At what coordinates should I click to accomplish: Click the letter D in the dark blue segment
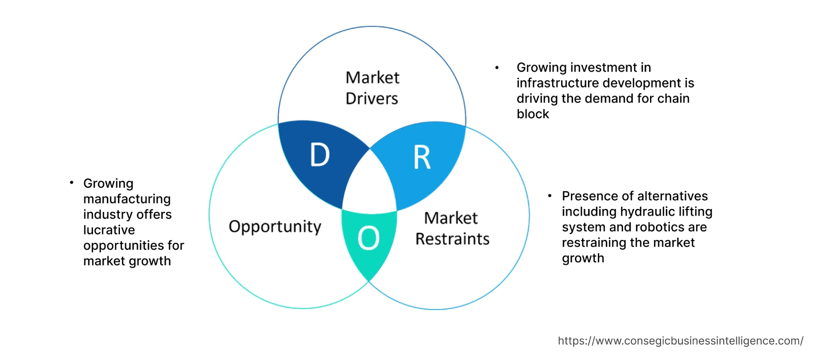(x=320, y=155)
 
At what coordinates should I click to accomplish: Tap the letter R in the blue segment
(x=422, y=158)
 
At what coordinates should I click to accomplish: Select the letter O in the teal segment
(x=368, y=238)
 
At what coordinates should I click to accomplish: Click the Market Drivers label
(x=372, y=87)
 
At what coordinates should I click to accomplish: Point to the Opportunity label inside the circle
(x=275, y=226)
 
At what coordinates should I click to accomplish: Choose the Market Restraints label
(x=452, y=228)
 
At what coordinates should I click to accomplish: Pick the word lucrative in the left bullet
(x=109, y=230)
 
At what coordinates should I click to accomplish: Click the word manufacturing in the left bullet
(x=127, y=199)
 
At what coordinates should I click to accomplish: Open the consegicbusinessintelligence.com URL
(x=681, y=341)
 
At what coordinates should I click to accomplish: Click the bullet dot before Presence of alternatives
(x=550, y=196)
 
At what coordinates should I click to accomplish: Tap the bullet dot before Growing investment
(x=497, y=68)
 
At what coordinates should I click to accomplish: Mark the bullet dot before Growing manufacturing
(x=72, y=183)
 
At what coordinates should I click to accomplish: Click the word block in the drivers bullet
(x=533, y=114)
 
